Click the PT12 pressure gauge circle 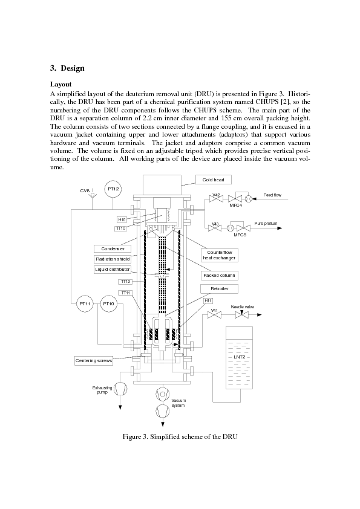pyautogui.click(x=113, y=189)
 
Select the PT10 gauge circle pyautogui.click(x=108, y=304)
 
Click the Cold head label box pyautogui.click(x=214, y=180)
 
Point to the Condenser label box pyautogui.click(x=113, y=249)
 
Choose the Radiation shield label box pyautogui.click(x=113, y=259)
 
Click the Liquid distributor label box pyautogui.click(x=113, y=270)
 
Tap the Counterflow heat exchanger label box pyautogui.click(x=219, y=255)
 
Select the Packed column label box pyautogui.click(x=219, y=276)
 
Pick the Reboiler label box pyautogui.click(x=219, y=288)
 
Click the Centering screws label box pyautogui.click(x=94, y=361)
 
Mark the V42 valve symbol pyautogui.click(x=215, y=199)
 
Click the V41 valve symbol pyautogui.click(x=214, y=314)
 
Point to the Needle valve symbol pyautogui.click(x=242, y=314)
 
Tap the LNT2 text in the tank pyautogui.click(x=240, y=357)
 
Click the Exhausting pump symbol pyautogui.click(x=120, y=388)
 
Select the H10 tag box pyautogui.click(x=122, y=220)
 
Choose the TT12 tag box pyautogui.click(x=125, y=282)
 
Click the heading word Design pyautogui.click(x=73, y=68)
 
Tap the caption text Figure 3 pyautogui.click(x=135, y=436)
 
